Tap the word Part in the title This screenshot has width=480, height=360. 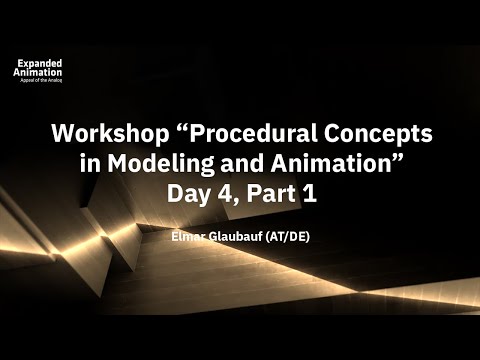(x=269, y=194)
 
